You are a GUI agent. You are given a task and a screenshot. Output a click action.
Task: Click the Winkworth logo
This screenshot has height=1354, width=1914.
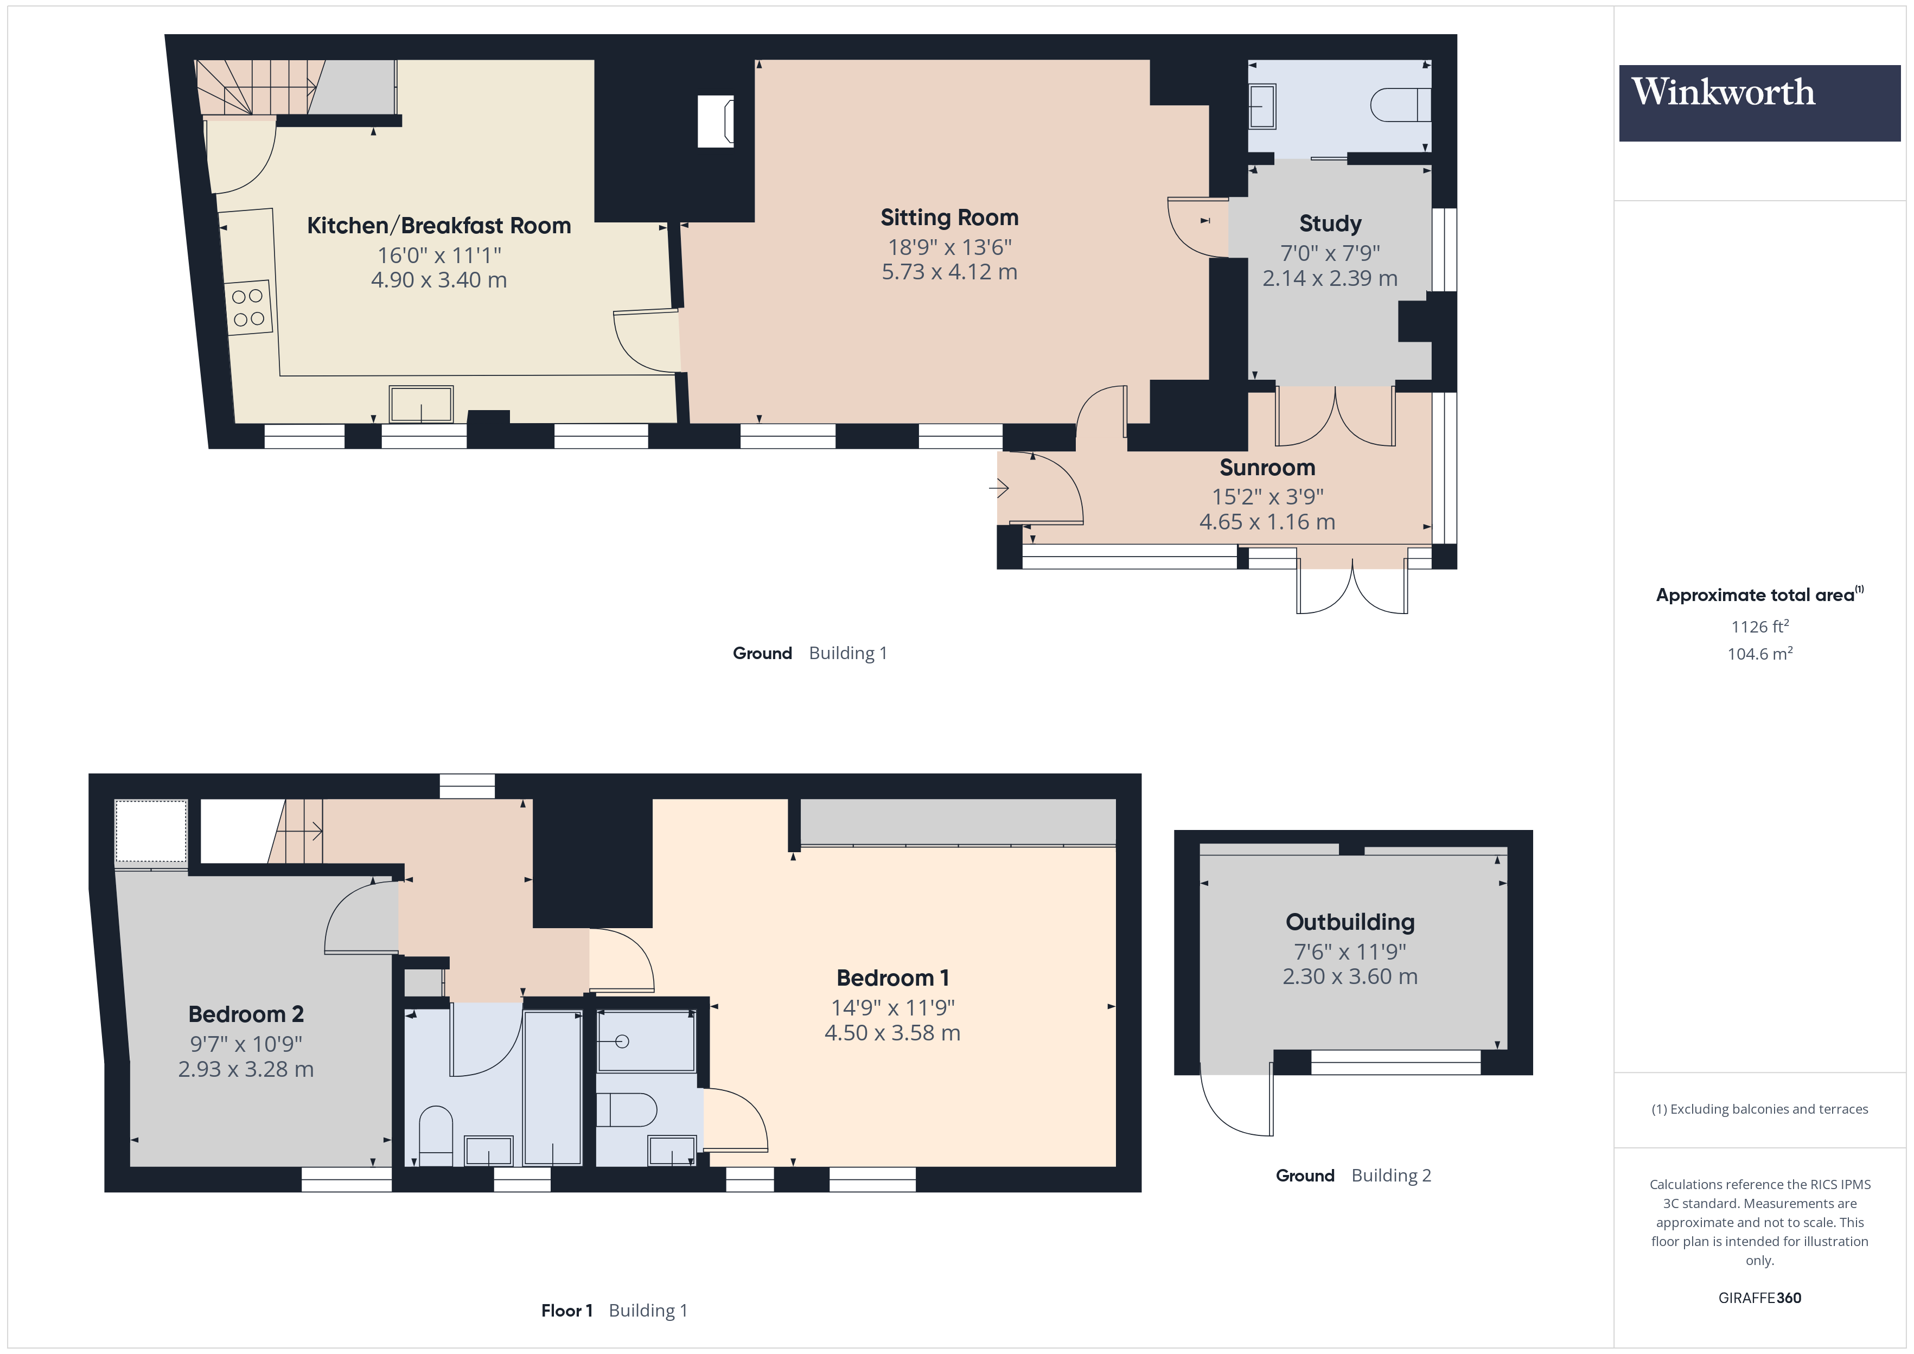[x=1759, y=103]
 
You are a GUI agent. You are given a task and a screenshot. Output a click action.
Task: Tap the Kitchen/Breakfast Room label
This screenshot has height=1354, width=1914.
[x=438, y=226]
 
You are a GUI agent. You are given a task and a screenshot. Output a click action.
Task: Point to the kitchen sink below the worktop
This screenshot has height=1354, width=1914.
[x=421, y=404]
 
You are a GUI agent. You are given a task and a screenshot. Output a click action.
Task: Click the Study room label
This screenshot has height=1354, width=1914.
[x=1330, y=223]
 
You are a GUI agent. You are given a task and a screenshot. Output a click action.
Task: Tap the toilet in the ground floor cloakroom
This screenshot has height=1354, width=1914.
[x=1399, y=106]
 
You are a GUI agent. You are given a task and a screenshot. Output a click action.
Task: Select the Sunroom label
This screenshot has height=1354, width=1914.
[x=1267, y=468]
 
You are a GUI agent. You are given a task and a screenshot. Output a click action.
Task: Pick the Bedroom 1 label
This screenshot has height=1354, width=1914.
[x=892, y=978]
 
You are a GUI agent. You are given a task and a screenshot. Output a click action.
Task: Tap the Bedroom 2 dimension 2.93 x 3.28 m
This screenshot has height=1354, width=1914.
[x=246, y=1070]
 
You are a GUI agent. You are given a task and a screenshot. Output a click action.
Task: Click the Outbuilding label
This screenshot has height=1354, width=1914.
[x=1350, y=922]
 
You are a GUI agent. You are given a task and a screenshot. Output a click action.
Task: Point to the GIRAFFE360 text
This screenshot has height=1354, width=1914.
[x=1759, y=1298]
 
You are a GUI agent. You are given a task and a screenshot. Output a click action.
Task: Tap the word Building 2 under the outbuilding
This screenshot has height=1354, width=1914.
[x=1390, y=1176]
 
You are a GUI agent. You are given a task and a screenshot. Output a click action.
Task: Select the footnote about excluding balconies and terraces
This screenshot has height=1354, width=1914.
[x=1759, y=1109]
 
